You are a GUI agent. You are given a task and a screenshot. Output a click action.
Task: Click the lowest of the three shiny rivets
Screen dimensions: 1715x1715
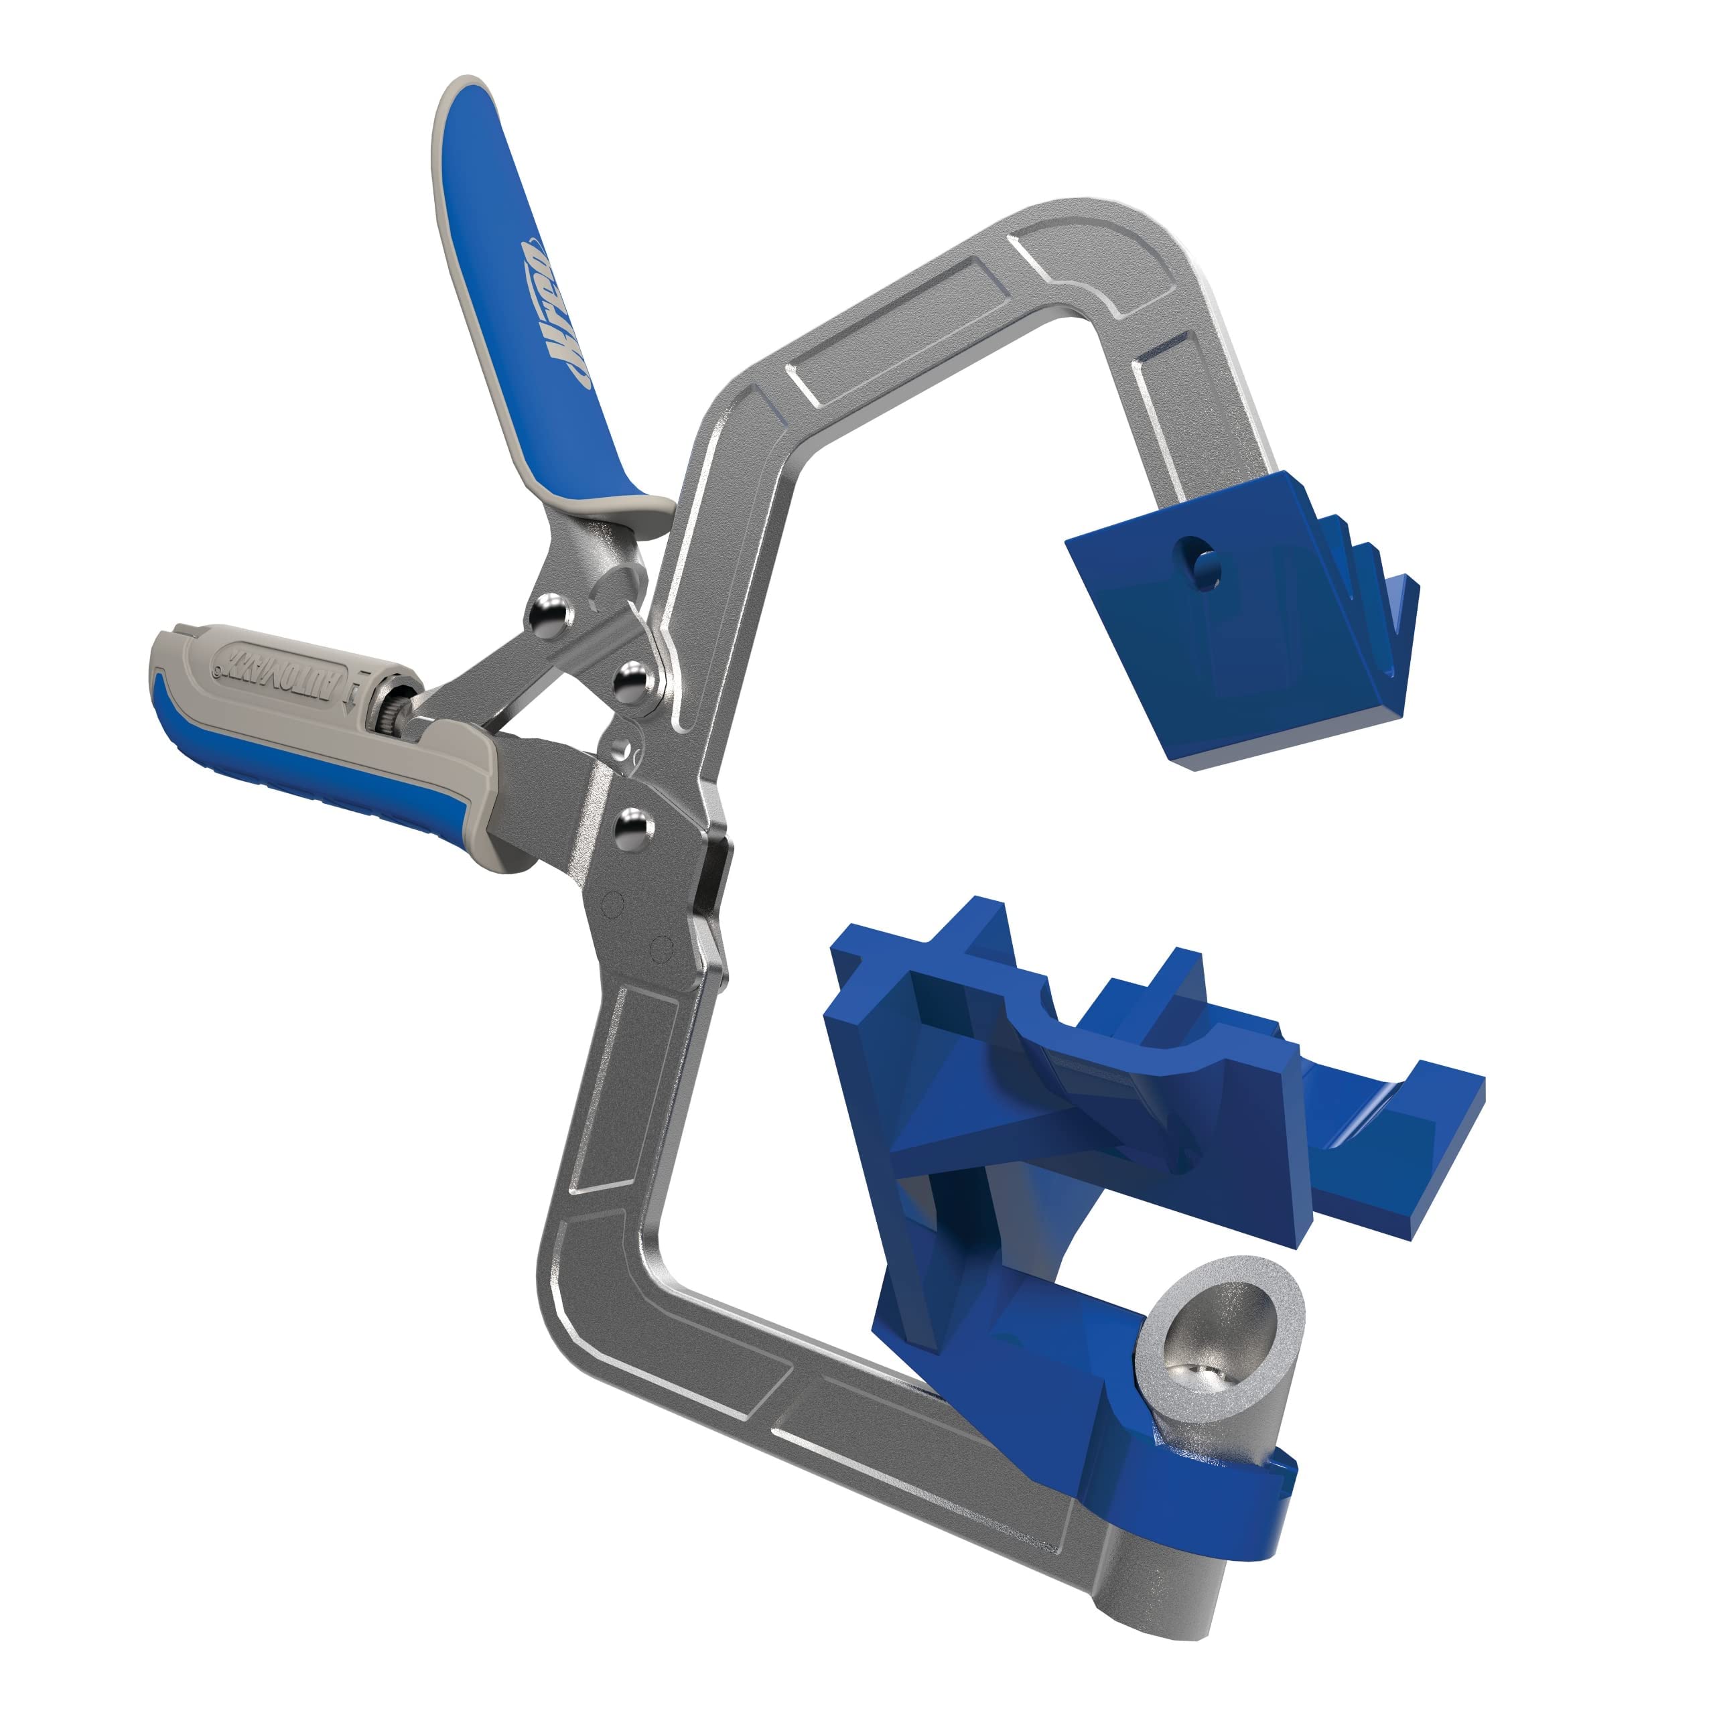click(633, 827)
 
